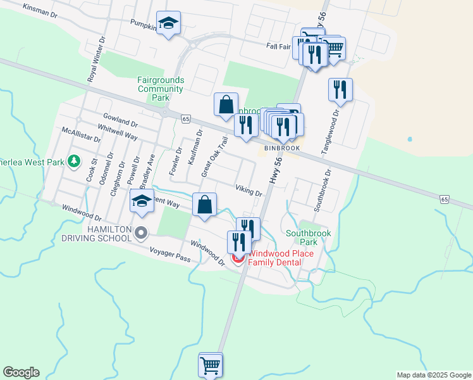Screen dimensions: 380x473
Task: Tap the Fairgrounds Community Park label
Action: point(161,89)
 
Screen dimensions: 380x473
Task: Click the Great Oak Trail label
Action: point(214,156)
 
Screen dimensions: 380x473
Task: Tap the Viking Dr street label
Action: point(249,190)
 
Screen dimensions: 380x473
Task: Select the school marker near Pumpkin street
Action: point(168,24)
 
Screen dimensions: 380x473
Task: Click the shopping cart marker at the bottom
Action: point(211,365)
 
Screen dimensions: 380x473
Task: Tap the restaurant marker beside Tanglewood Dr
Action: point(340,90)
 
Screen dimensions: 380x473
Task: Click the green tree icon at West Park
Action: point(75,161)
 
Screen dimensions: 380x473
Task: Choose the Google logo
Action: point(21,372)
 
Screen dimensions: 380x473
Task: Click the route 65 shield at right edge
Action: point(445,199)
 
